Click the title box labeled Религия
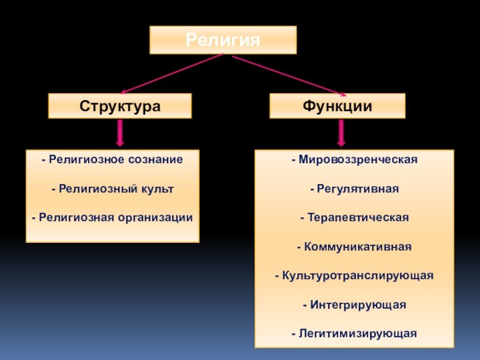coord(223,40)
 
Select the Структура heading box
coord(120,106)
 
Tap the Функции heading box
coord(337,106)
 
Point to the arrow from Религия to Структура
coord(171,74)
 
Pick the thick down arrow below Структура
coord(120,133)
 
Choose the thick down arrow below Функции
coord(342,133)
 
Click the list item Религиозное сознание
coord(112,160)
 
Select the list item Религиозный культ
coord(112,188)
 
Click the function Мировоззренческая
coord(354,160)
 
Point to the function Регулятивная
coord(354,188)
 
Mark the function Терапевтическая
coord(354,217)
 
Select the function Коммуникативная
coord(354,246)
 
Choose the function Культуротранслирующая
coord(354,275)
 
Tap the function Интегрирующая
coord(354,305)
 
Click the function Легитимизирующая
coord(354,333)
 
